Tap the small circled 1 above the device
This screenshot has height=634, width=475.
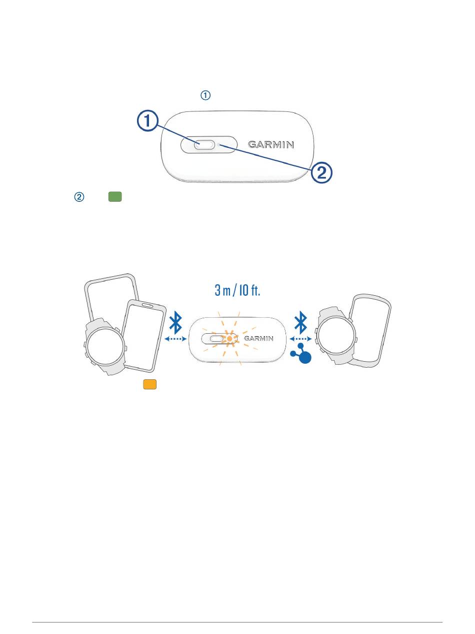coord(206,95)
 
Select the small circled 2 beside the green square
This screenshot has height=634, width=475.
coord(79,197)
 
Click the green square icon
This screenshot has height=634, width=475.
coord(115,197)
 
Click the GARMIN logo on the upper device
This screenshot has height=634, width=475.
coord(271,145)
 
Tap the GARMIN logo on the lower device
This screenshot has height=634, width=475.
coord(259,338)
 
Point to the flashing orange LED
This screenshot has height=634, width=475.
coord(229,338)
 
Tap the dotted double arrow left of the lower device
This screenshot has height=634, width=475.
coord(175,339)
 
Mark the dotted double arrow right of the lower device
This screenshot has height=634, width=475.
coord(300,339)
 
